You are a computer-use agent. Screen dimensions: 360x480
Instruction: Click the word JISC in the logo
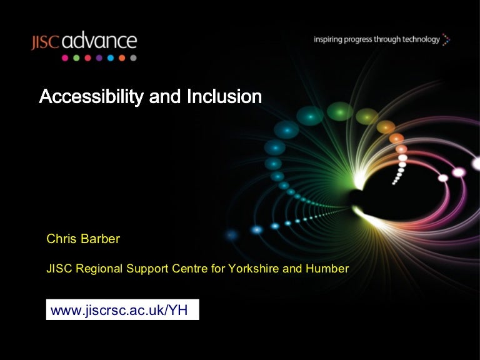pyautogui.click(x=46, y=42)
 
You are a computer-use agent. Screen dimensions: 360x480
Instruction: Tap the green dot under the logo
pyautogui.click(x=76, y=58)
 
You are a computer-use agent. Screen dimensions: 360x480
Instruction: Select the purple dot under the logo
pyautogui.click(x=99, y=58)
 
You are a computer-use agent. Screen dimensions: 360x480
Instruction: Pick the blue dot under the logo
pyautogui.click(x=111, y=58)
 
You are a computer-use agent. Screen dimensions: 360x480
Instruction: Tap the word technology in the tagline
pyautogui.click(x=420, y=39)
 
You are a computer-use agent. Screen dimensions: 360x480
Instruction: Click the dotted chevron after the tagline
pyautogui.click(x=446, y=40)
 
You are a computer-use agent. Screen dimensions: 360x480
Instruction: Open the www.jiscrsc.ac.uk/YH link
pyautogui.click(x=122, y=310)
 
